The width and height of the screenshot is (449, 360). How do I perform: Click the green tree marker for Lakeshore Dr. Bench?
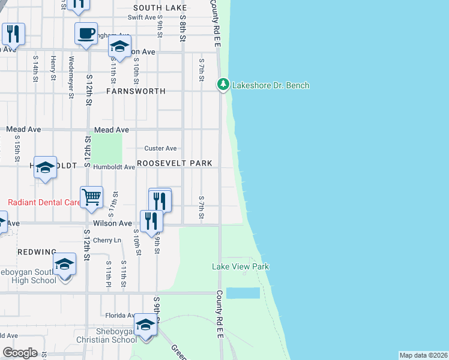coord(223,85)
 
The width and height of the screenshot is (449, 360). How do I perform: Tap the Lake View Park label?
coord(240,266)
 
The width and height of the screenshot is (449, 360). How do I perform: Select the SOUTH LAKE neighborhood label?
coord(160,8)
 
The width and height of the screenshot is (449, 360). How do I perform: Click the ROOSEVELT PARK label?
coord(175,163)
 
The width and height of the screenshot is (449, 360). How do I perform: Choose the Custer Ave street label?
coord(160,148)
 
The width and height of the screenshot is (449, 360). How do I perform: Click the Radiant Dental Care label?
coord(43,203)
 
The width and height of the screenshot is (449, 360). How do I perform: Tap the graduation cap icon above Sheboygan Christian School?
coord(145,324)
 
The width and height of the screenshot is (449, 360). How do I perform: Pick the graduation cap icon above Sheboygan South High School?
coord(64,263)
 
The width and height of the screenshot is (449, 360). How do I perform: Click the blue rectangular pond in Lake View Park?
coord(243,293)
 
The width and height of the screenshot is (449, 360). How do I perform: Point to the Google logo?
coord(20,353)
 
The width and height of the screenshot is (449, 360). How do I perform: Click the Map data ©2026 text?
coord(424,355)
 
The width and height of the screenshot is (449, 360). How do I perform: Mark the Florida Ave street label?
coord(120,315)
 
